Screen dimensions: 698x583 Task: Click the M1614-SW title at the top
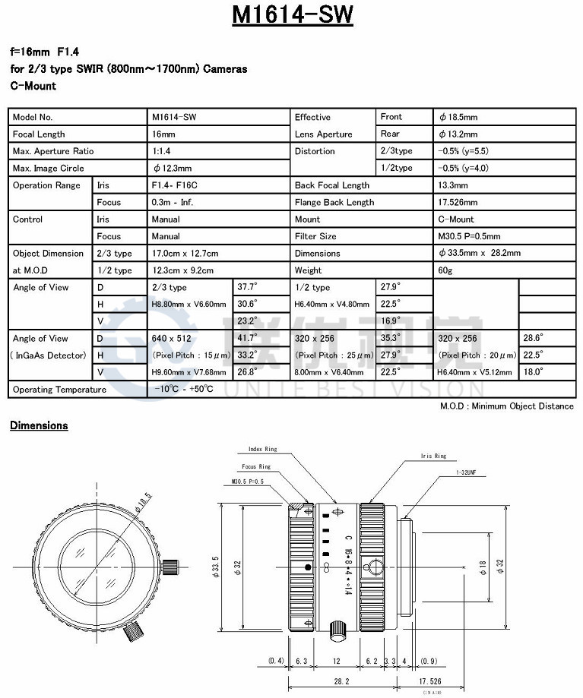(x=292, y=17)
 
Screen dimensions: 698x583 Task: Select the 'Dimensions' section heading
(x=39, y=425)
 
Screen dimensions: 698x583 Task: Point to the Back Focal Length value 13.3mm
(x=454, y=185)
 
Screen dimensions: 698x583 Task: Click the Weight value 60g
(x=446, y=270)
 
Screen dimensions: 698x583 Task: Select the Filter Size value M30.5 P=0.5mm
(x=468, y=236)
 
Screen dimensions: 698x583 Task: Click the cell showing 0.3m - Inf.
(x=173, y=202)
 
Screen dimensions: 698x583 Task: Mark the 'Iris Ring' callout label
(x=433, y=456)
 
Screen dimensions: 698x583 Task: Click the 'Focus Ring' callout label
(x=255, y=466)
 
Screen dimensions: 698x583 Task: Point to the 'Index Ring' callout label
(x=263, y=449)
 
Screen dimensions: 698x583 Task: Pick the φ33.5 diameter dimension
(x=215, y=565)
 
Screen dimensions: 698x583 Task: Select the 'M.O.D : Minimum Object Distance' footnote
(x=507, y=406)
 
